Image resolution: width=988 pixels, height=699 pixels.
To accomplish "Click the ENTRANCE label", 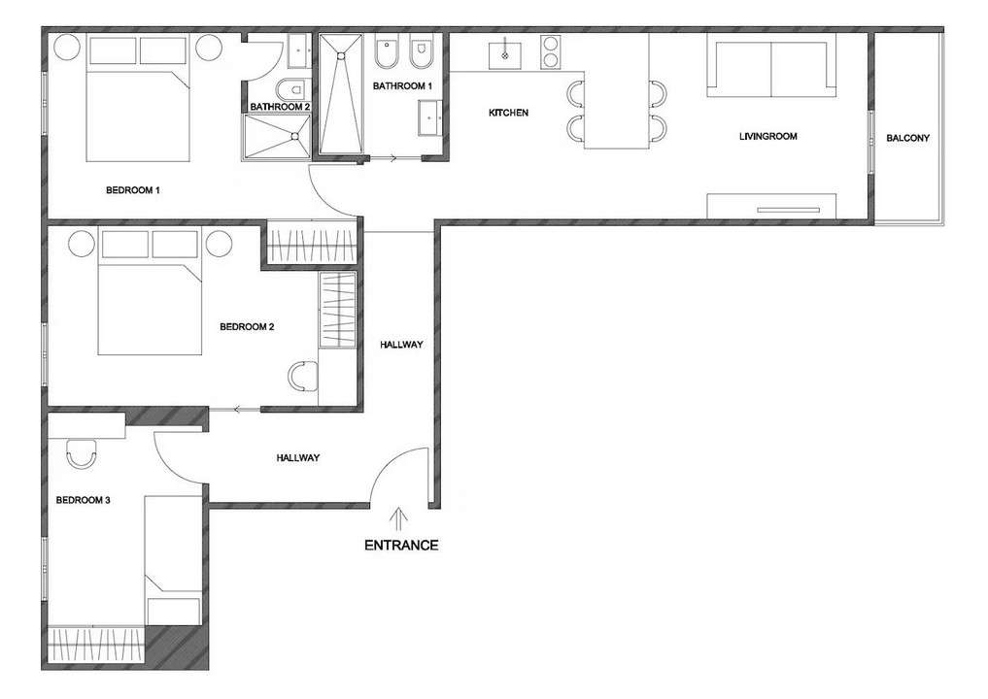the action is pos(401,545).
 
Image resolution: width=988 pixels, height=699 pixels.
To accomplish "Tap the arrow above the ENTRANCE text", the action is pos(399,520).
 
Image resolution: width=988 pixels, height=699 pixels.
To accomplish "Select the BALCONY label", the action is pos(907,138).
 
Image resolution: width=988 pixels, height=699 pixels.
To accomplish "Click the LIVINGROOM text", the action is pos(767,136).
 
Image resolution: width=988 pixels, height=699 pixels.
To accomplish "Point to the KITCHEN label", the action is pos(508,113).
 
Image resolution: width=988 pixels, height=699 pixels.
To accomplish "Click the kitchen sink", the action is pos(505,54).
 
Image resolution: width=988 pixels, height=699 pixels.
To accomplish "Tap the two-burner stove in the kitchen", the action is pos(550,51).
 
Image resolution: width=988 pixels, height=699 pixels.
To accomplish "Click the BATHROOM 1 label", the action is pos(402,85).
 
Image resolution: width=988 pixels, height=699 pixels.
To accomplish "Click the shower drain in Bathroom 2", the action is pos(294,135).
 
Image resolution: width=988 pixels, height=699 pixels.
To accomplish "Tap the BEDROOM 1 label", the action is pos(133,190).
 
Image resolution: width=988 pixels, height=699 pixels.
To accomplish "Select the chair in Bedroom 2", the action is pos(303,376).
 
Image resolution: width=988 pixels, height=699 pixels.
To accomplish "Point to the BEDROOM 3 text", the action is pos(84,500).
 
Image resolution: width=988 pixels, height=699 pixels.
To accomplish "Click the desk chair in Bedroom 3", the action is pos(82,452).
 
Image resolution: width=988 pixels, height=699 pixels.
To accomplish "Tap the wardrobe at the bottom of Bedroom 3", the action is pos(97,647).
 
